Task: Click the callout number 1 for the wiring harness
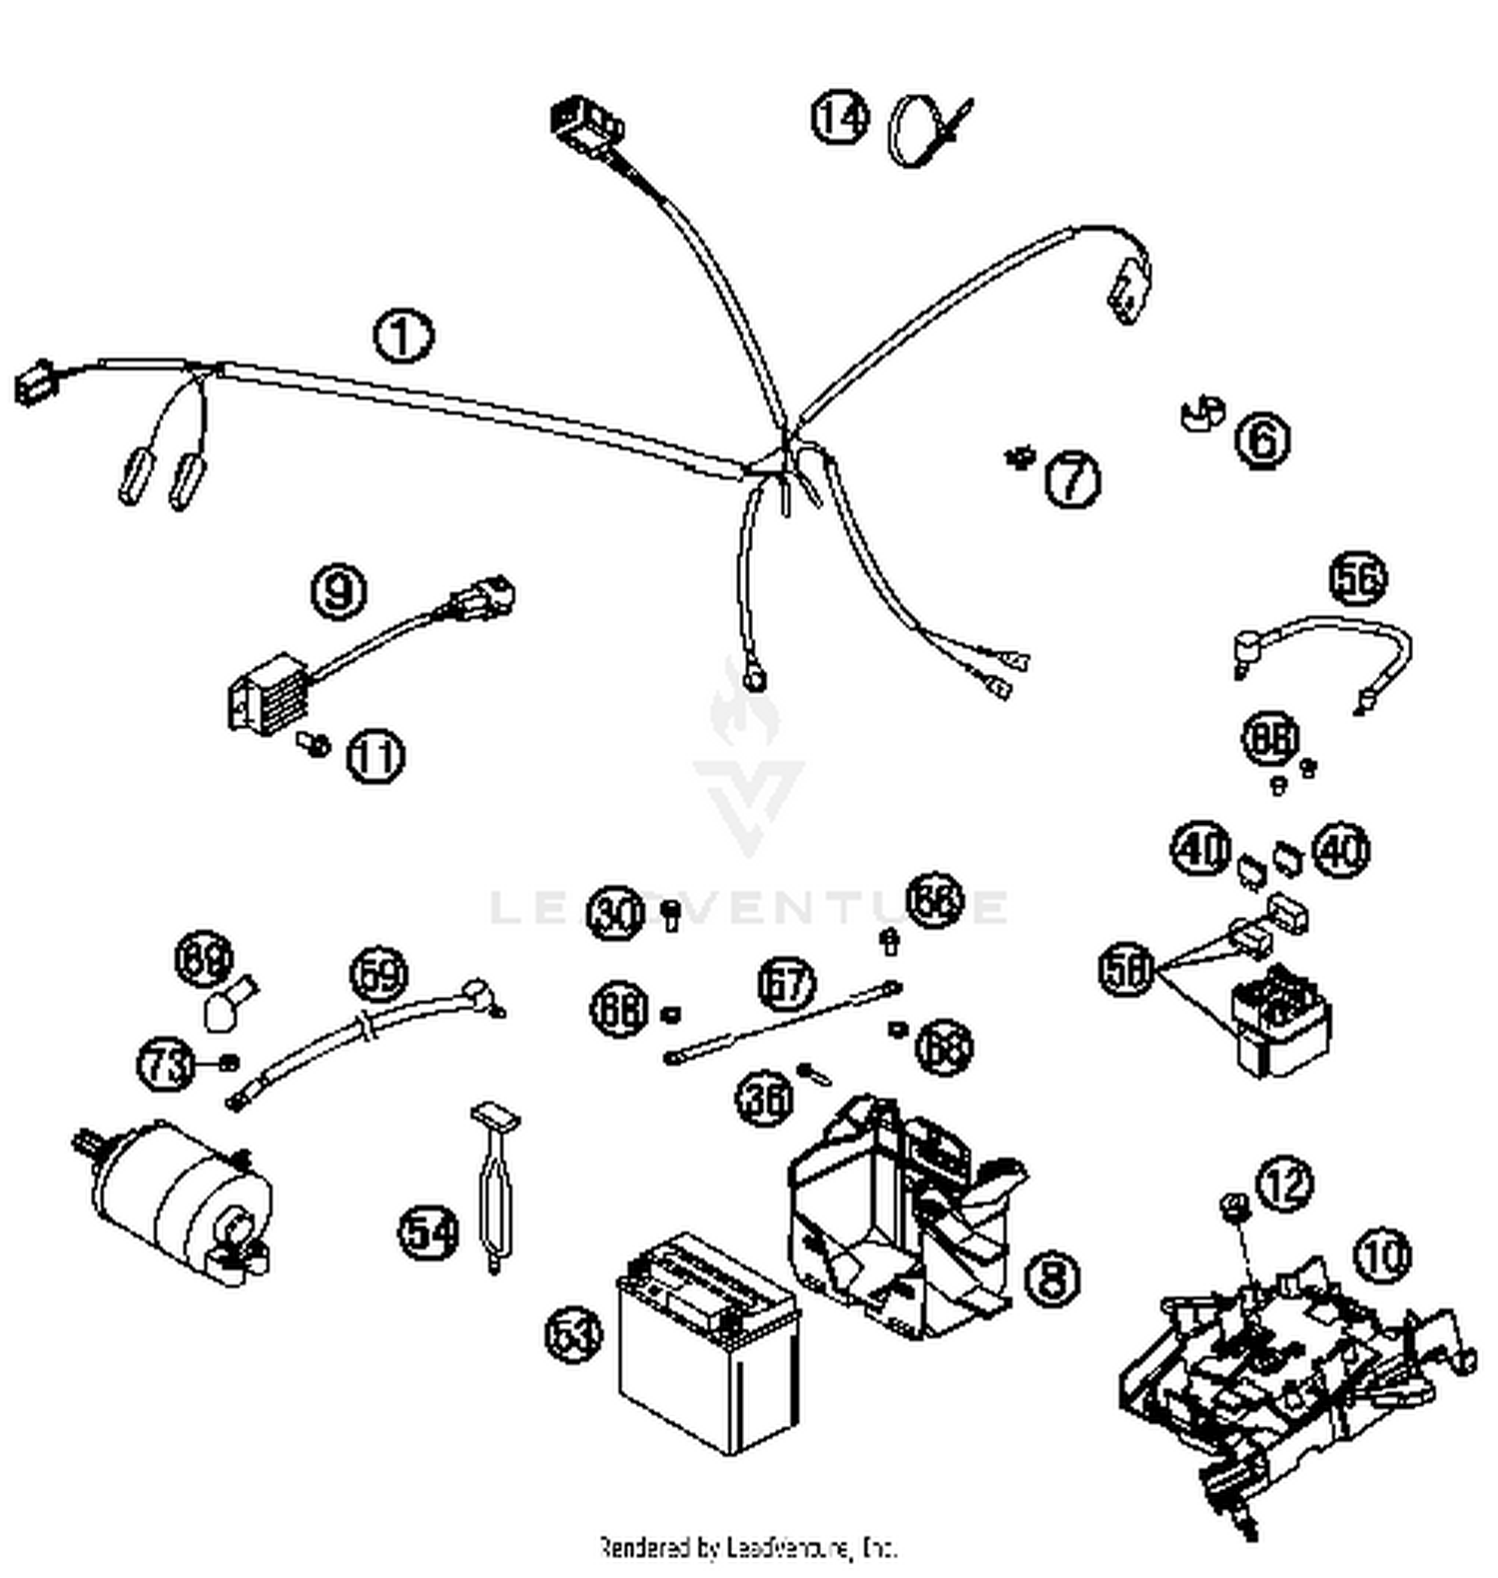[x=403, y=337]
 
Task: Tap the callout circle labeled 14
[x=840, y=118]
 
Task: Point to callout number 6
[x=1262, y=439]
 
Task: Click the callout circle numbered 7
[x=1072, y=478]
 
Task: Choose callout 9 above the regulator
[x=339, y=590]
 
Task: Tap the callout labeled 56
[x=1358, y=578]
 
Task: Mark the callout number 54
[x=429, y=1232]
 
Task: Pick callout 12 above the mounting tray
[x=1284, y=1183]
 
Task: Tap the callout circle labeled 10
[x=1383, y=1255]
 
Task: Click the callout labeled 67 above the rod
[x=786, y=983]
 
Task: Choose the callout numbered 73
[x=165, y=1063]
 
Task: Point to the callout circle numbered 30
[x=614, y=913]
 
